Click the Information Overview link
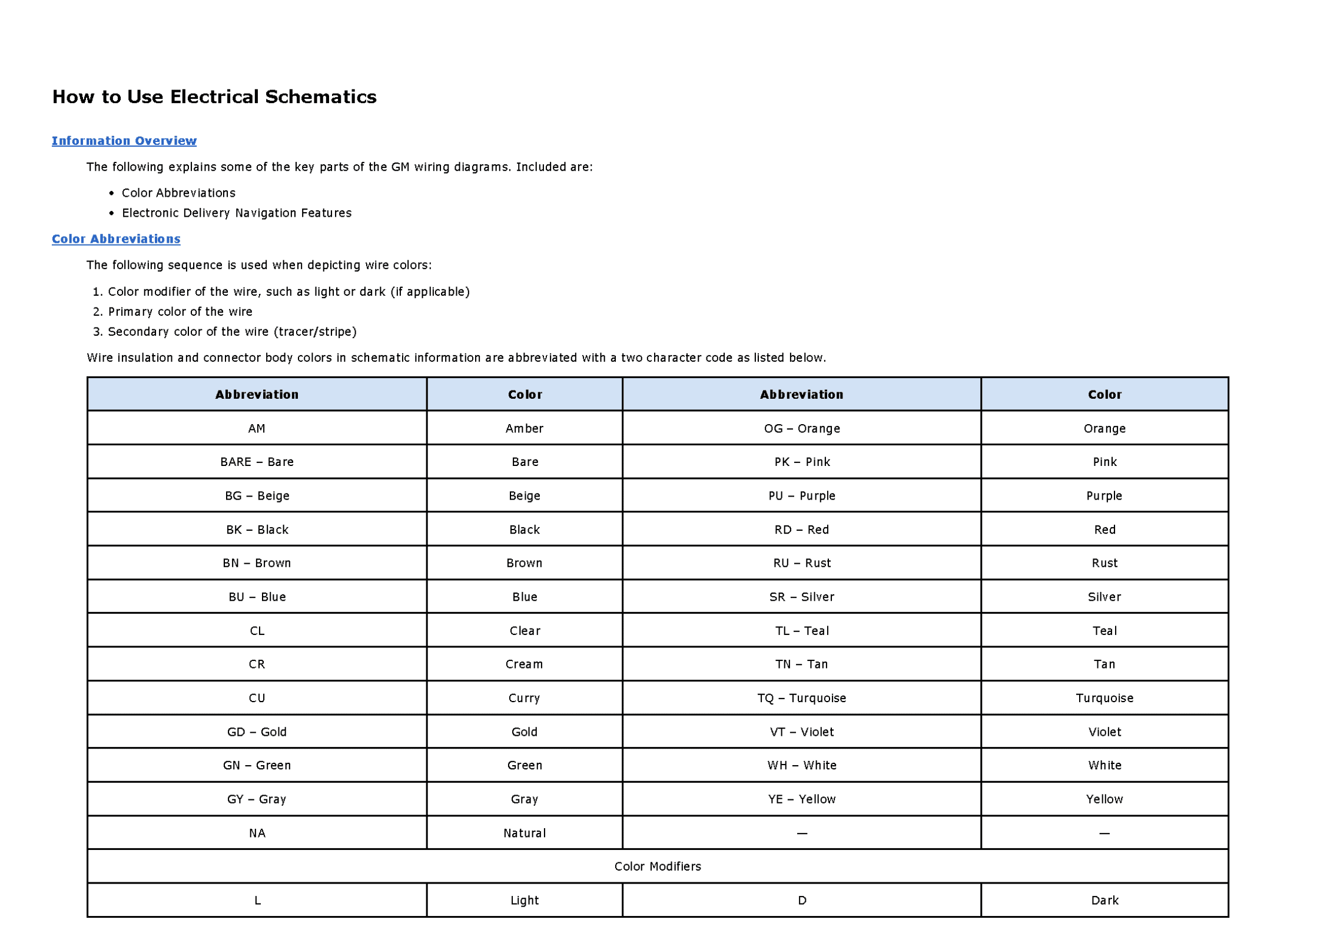(124, 141)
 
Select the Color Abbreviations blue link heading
(116, 239)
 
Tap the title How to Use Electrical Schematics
(214, 97)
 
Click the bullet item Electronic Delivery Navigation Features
(236, 213)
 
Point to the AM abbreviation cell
(257, 429)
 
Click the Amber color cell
(524, 429)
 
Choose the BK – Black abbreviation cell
(257, 530)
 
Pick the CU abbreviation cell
(257, 699)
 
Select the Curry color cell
(524, 699)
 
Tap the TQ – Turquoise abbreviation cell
(801, 699)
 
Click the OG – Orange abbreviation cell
(801, 429)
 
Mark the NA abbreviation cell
(257, 833)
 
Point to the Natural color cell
(524, 833)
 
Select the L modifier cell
(257, 901)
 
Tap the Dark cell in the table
(1104, 901)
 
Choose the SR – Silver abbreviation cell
(801, 597)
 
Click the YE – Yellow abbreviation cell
(801, 799)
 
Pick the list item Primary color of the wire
(180, 312)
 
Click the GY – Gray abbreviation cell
(257, 799)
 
